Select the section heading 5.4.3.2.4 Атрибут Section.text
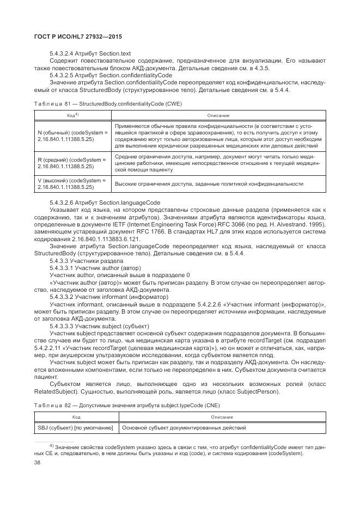click(90, 53)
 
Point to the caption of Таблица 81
click(107, 103)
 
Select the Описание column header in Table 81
click(218, 115)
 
